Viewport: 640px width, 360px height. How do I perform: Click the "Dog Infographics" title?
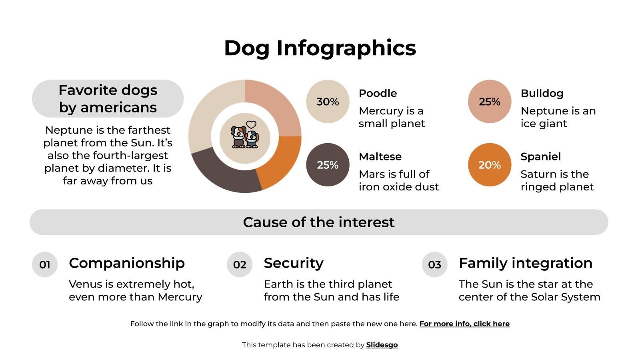pyautogui.click(x=320, y=48)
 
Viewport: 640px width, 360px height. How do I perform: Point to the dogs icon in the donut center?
pyautogui.click(x=245, y=136)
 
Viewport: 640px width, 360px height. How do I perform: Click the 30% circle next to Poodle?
pyautogui.click(x=328, y=102)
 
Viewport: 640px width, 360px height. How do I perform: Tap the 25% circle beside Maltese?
pyautogui.click(x=328, y=165)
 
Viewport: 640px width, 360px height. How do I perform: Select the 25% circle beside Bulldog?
pyautogui.click(x=490, y=102)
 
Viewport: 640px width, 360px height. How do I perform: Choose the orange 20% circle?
pyautogui.click(x=490, y=165)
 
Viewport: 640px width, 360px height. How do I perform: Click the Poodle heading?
pyautogui.click(x=378, y=93)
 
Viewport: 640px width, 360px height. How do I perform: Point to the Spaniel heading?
pyautogui.click(x=540, y=156)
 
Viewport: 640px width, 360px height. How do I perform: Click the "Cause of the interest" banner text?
pyautogui.click(x=319, y=222)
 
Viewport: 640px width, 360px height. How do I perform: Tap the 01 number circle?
pyautogui.click(x=45, y=264)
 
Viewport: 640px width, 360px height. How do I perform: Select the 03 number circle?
pyautogui.click(x=434, y=264)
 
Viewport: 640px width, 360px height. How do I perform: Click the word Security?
pyautogui.click(x=294, y=263)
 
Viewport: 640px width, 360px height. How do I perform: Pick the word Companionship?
pyautogui.click(x=127, y=263)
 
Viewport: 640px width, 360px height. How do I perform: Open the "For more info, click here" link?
pyautogui.click(x=464, y=324)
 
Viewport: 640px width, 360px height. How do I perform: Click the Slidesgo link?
pyautogui.click(x=382, y=345)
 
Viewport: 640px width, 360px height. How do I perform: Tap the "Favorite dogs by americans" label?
pyautogui.click(x=108, y=98)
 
